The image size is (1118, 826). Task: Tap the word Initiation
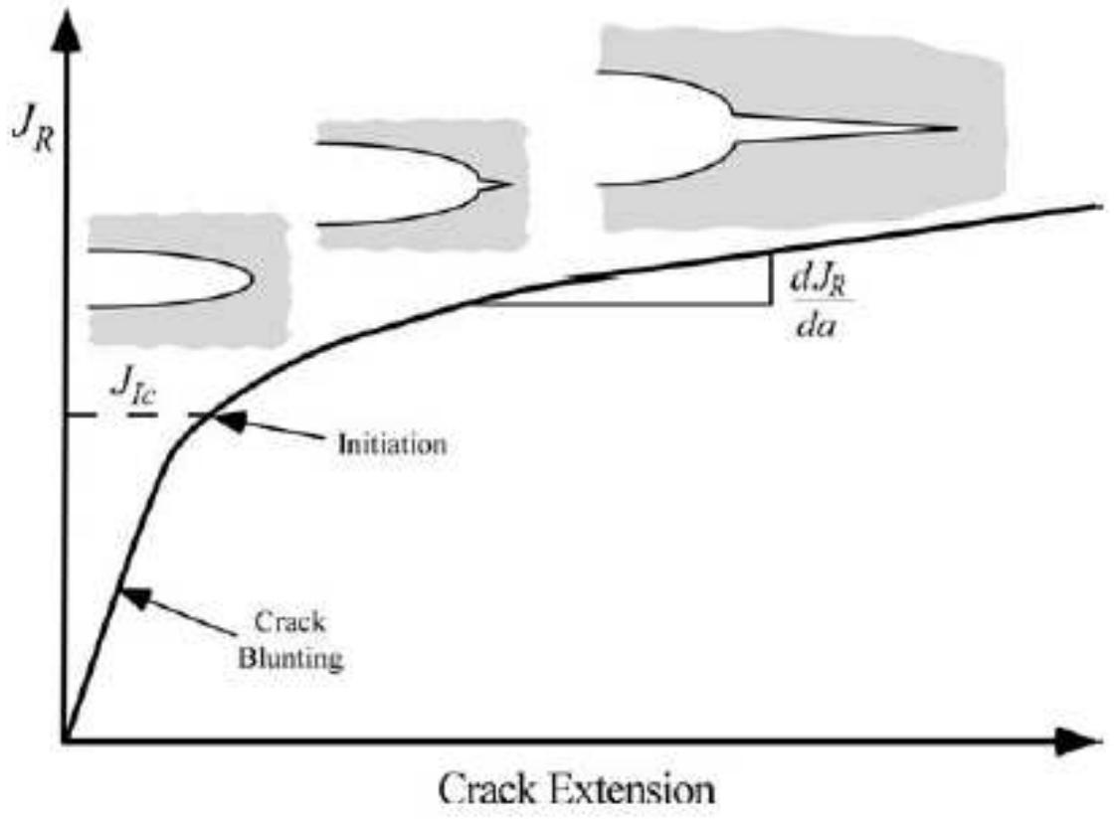(389, 443)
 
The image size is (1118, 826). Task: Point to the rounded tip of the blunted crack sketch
(249, 278)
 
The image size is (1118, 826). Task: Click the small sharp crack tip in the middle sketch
(510, 183)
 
